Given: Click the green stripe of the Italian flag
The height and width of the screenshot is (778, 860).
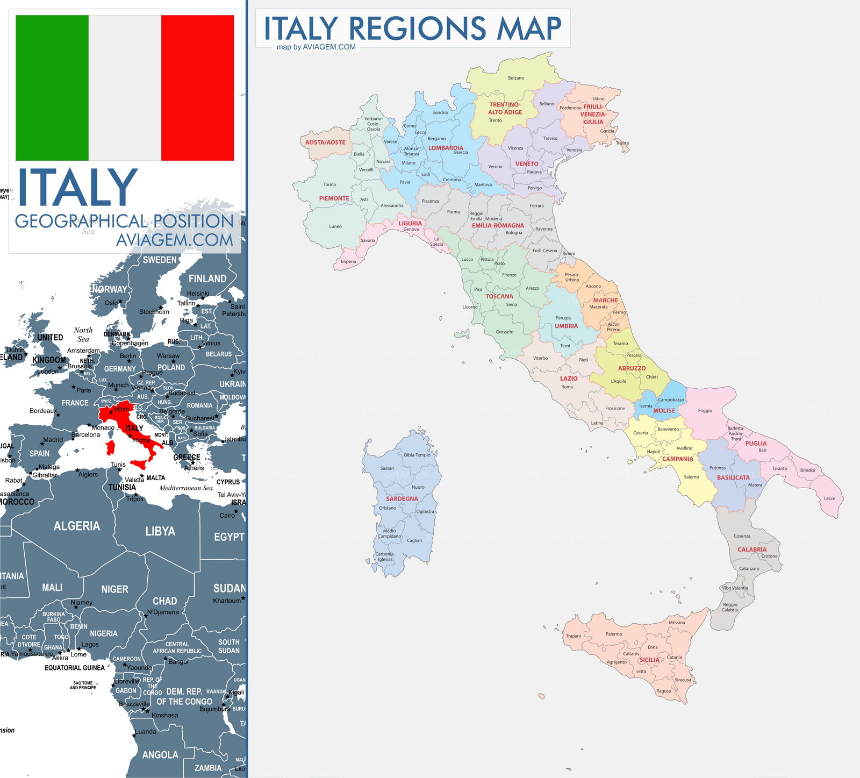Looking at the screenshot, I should coord(52,88).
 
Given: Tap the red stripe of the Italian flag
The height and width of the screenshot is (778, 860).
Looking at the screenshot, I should coord(197,88).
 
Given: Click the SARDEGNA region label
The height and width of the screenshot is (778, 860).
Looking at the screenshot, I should coord(402,498).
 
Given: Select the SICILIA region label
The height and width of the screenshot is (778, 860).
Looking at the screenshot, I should coord(649,660).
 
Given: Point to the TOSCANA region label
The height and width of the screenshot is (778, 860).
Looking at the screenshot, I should coord(499,296).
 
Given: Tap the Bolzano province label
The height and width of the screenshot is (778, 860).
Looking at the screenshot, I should coord(516,78).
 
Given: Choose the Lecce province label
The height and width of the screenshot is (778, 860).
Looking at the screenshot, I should coord(830,498).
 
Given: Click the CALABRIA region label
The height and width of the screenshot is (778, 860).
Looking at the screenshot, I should coord(752,549).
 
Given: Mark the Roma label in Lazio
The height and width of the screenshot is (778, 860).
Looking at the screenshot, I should coord(567,387).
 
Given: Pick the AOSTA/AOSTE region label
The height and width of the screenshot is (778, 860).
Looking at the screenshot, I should coord(325,142).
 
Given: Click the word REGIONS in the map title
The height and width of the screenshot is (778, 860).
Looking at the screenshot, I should coord(417,28).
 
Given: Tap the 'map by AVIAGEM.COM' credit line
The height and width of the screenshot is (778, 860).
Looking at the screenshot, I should coord(316,47).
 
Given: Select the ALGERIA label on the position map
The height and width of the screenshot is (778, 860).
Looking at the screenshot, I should coord(77,526).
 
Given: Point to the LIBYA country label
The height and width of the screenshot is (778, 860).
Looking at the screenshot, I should coord(160,531).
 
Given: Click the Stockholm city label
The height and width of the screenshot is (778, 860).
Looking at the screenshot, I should coord(154,312).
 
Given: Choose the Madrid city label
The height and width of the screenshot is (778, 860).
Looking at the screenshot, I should coord(53,440).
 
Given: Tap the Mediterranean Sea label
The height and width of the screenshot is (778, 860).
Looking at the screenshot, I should coord(186,488).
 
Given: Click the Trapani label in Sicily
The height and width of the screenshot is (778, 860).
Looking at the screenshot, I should coord(574,636).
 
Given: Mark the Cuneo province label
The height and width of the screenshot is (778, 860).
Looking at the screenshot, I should coord(335,226).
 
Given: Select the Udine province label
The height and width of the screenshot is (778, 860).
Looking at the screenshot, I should coord(598,99).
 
